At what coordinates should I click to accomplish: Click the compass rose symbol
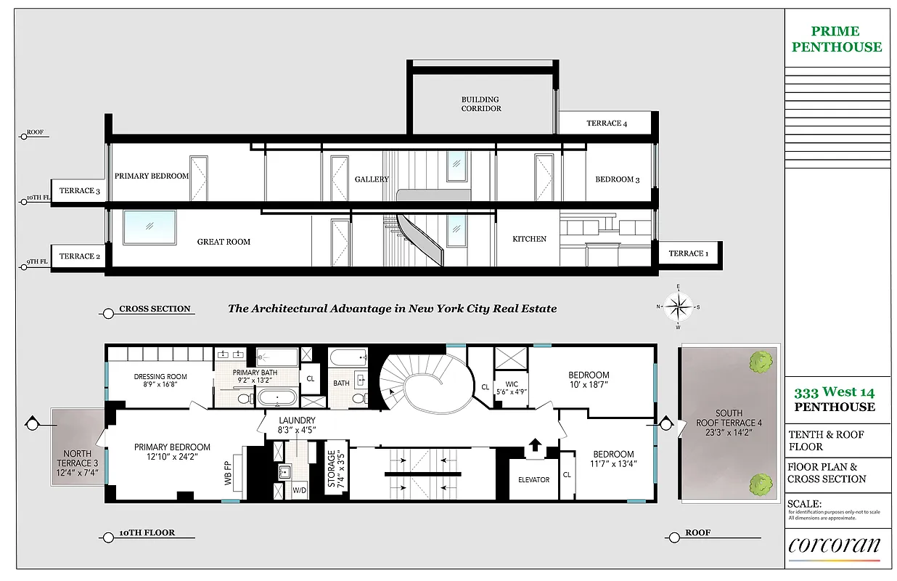tap(678, 306)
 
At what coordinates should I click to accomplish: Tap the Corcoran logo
tap(834, 546)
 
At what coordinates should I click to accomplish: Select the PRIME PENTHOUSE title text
tap(837, 39)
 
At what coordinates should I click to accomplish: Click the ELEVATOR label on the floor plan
tap(533, 479)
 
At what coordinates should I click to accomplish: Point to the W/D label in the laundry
tap(300, 489)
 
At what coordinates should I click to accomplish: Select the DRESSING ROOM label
tap(160, 381)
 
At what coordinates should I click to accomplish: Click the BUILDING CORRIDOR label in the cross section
tap(480, 104)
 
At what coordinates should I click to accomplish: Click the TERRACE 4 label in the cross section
tap(607, 123)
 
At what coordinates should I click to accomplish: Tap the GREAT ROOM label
tap(224, 242)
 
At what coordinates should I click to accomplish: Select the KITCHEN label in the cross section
tap(529, 239)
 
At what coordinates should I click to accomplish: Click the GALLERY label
tap(372, 179)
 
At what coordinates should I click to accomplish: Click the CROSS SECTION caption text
tap(155, 309)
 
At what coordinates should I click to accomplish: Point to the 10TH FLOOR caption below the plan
tap(147, 533)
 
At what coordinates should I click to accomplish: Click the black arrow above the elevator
tap(534, 445)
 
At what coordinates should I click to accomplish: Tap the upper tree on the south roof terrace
tap(761, 359)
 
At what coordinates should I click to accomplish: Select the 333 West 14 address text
tap(834, 392)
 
